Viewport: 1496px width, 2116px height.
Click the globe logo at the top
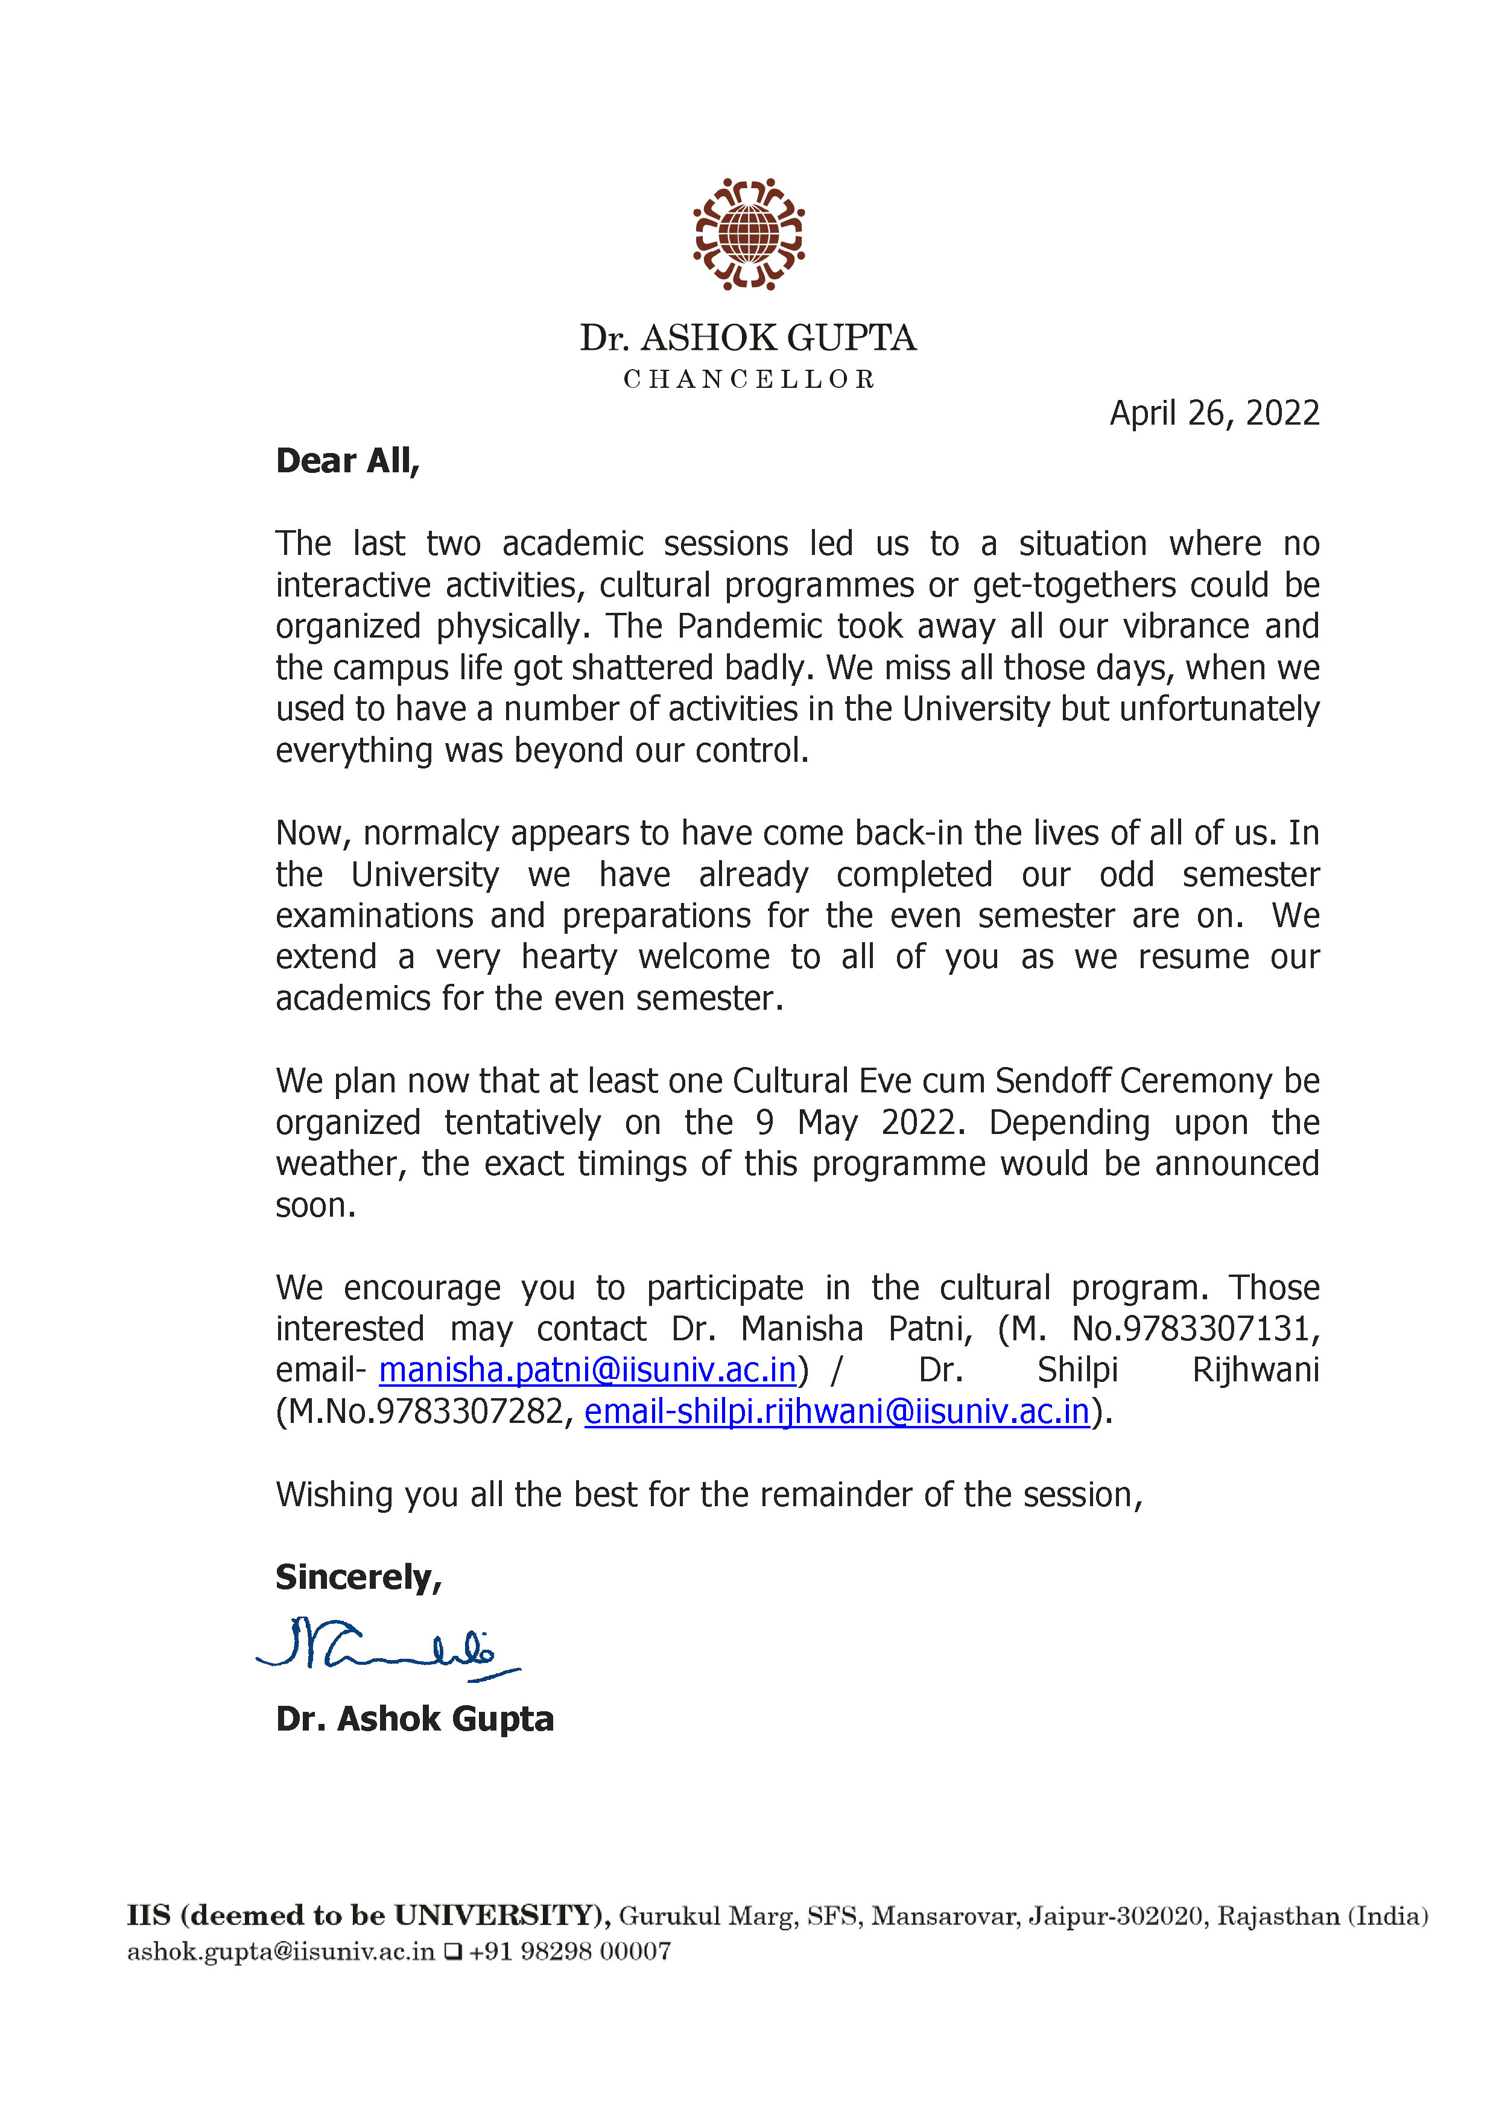[x=749, y=234]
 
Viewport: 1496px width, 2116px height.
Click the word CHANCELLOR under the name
[x=749, y=379]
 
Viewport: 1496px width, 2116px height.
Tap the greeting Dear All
[x=347, y=461]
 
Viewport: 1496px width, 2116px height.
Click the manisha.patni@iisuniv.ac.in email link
[x=587, y=1370]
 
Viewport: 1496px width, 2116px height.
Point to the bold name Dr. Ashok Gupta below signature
[x=415, y=1720]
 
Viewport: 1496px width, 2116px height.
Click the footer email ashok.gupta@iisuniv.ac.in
[x=280, y=1951]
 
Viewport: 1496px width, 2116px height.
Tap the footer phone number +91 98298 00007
[x=569, y=1951]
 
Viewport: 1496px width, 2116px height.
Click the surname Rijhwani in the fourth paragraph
[x=1255, y=1370]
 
